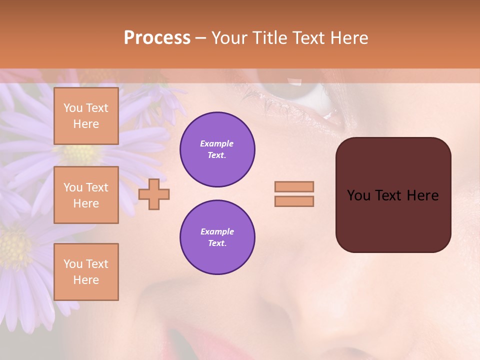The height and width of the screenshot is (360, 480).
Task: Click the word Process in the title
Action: point(157,38)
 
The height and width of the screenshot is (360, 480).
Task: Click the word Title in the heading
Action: point(268,38)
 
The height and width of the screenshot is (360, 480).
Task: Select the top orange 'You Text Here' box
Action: point(86,116)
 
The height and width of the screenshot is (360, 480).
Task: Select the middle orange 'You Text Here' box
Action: point(86,195)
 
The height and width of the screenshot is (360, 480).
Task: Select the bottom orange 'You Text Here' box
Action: point(86,272)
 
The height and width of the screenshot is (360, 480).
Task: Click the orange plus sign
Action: point(154,194)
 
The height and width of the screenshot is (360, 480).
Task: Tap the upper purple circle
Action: point(217,149)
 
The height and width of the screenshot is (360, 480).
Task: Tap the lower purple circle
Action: point(217,237)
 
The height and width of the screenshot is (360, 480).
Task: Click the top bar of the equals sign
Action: point(294,186)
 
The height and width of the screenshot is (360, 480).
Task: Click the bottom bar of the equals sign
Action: point(294,201)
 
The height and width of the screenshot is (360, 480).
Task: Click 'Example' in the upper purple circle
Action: point(217,143)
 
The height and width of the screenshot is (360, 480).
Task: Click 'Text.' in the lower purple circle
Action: point(217,243)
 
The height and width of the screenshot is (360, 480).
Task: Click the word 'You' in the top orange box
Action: point(73,108)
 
